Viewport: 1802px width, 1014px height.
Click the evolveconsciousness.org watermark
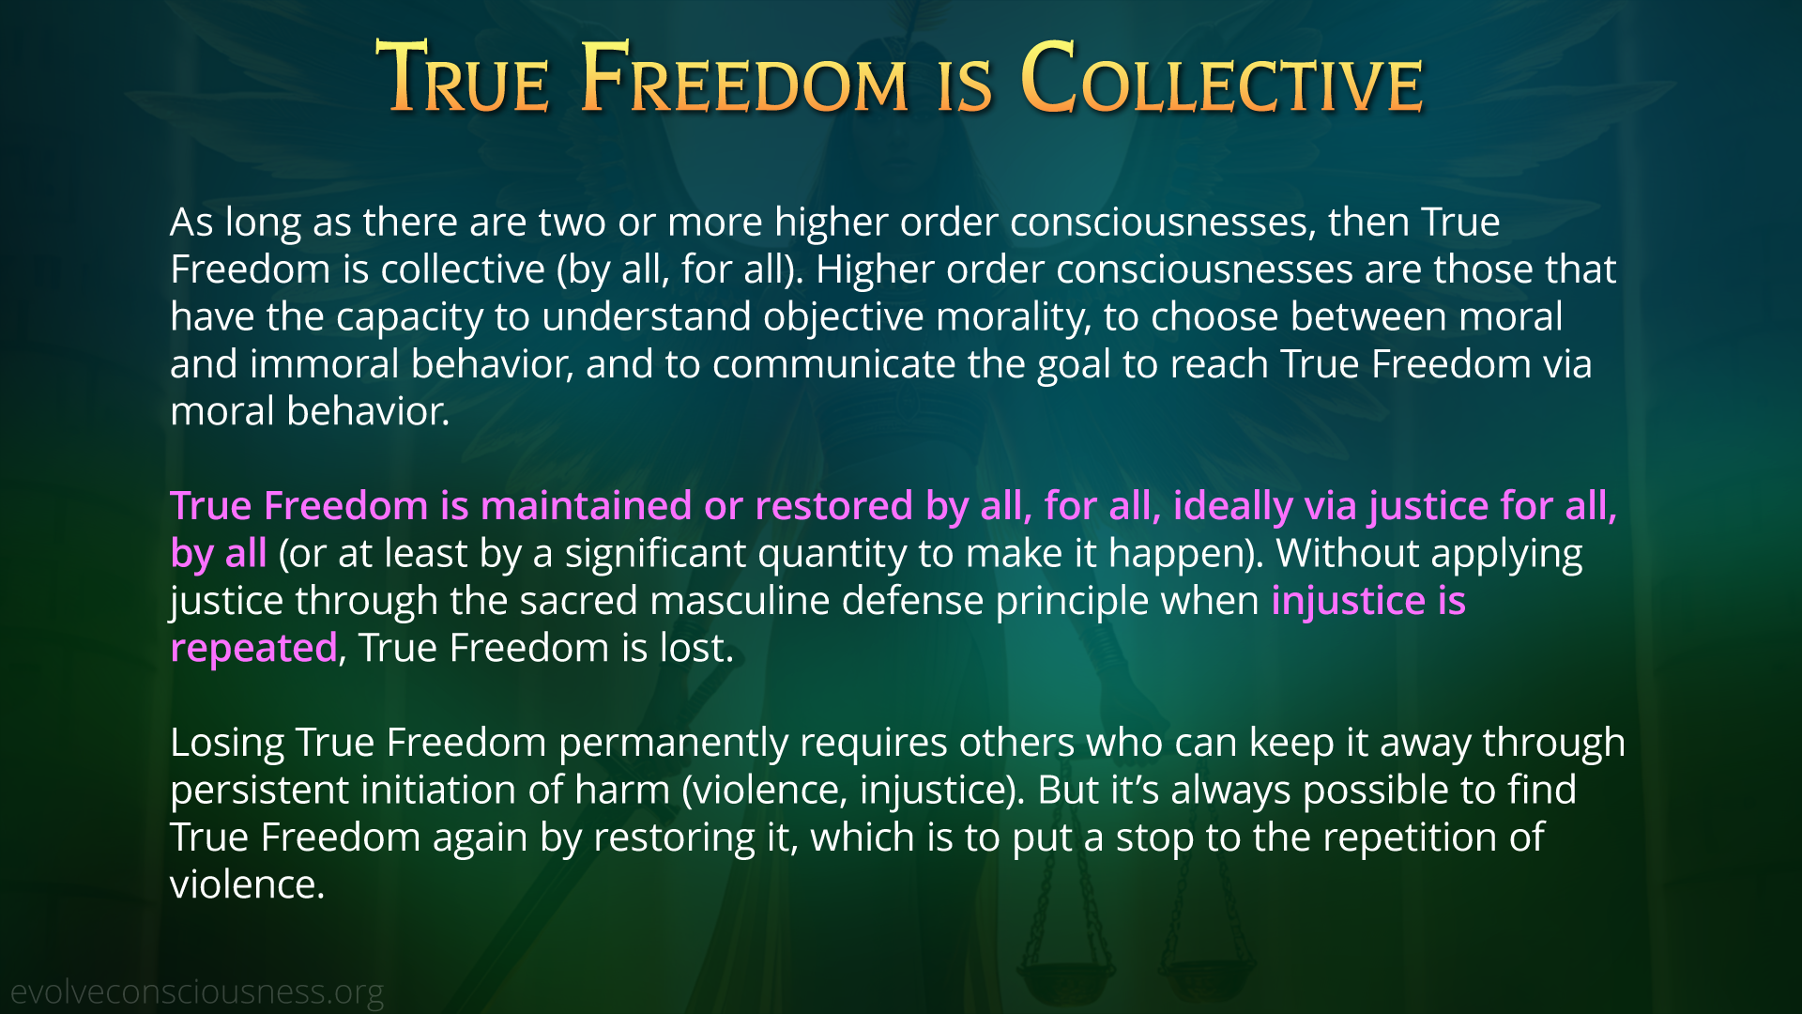tap(197, 991)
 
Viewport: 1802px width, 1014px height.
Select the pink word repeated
tap(253, 649)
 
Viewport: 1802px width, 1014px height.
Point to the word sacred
tap(579, 600)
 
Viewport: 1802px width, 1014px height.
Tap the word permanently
tap(673, 744)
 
